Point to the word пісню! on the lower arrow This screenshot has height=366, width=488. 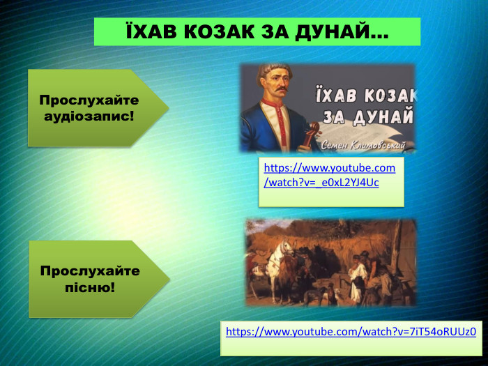pyautogui.click(x=89, y=287)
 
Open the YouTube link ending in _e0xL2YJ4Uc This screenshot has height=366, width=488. pyautogui.click(x=329, y=176)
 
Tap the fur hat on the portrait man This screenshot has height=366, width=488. pyautogui.click(x=274, y=68)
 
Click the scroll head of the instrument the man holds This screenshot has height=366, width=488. pyautogui.click(x=313, y=130)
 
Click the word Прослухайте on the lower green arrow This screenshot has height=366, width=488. pyautogui.click(x=90, y=270)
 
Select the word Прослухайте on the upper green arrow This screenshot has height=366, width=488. pyautogui.click(x=89, y=100)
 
